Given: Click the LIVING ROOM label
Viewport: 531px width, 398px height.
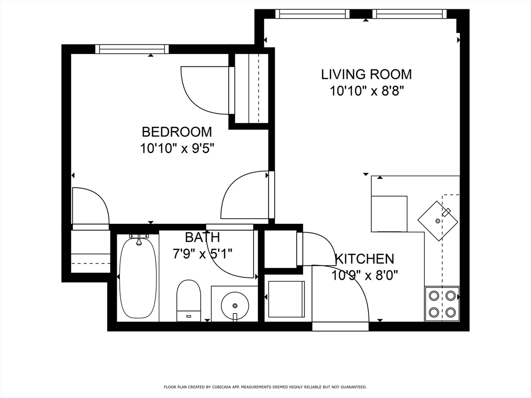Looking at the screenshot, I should (366, 74).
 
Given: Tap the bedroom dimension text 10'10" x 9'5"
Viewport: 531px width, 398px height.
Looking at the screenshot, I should (177, 149).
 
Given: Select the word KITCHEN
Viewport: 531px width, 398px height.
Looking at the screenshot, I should (365, 259).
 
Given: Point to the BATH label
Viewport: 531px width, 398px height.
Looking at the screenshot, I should (202, 237).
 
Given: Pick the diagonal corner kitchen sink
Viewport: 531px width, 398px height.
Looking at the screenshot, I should (438, 220).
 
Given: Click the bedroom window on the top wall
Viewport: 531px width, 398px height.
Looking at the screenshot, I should (132, 49).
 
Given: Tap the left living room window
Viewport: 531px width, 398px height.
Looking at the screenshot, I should (312, 14).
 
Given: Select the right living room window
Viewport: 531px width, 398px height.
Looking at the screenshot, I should (409, 14).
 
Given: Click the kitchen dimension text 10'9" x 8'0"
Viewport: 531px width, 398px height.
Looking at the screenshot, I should (365, 275).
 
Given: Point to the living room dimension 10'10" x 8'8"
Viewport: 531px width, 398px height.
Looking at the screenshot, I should (366, 91).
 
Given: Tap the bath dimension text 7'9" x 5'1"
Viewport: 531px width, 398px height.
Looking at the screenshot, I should (202, 253).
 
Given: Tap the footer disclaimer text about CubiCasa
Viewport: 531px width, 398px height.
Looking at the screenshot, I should (265, 387).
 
